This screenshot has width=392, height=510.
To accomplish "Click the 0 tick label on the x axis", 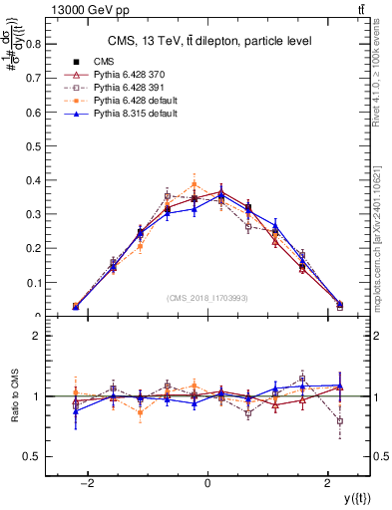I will coord(207,483).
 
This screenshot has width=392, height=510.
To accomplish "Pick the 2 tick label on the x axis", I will coord(328,483).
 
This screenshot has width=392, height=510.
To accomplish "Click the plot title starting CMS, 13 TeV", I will coord(207,41).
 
